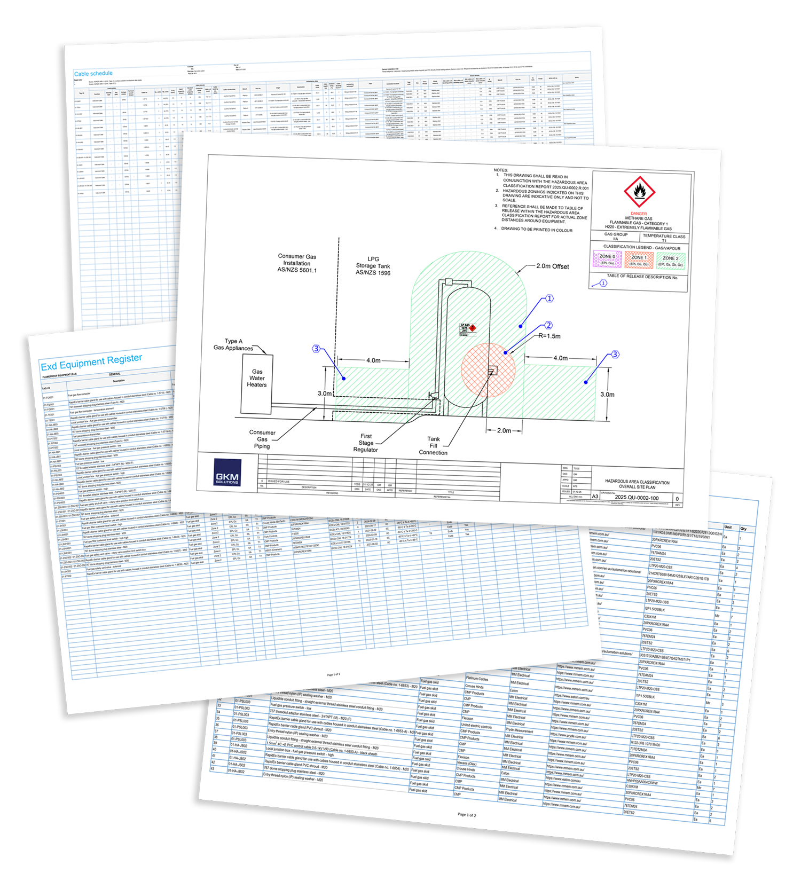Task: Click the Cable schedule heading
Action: (x=93, y=74)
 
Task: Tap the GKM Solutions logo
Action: (x=227, y=472)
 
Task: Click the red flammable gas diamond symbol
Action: (x=639, y=191)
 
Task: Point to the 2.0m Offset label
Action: (x=553, y=266)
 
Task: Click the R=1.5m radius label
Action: (x=549, y=336)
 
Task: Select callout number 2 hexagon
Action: (x=548, y=325)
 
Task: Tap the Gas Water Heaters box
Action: (x=257, y=384)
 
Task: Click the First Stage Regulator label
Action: (x=366, y=443)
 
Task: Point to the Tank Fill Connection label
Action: (x=433, y=446)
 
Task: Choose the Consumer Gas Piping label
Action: (x=262, y=439)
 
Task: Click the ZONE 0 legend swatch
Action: (x=607, y=259)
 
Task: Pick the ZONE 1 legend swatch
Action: (x=639, y=260)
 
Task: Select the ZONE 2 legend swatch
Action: (x=670, y=261)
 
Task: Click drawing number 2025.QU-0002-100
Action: (x=637, y=497)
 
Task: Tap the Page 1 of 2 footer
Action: (x=467, y=814)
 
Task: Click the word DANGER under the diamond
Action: (x=639, y=214)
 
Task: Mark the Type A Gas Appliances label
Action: (x=233, y=344)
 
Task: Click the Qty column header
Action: (x=743, y=529)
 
